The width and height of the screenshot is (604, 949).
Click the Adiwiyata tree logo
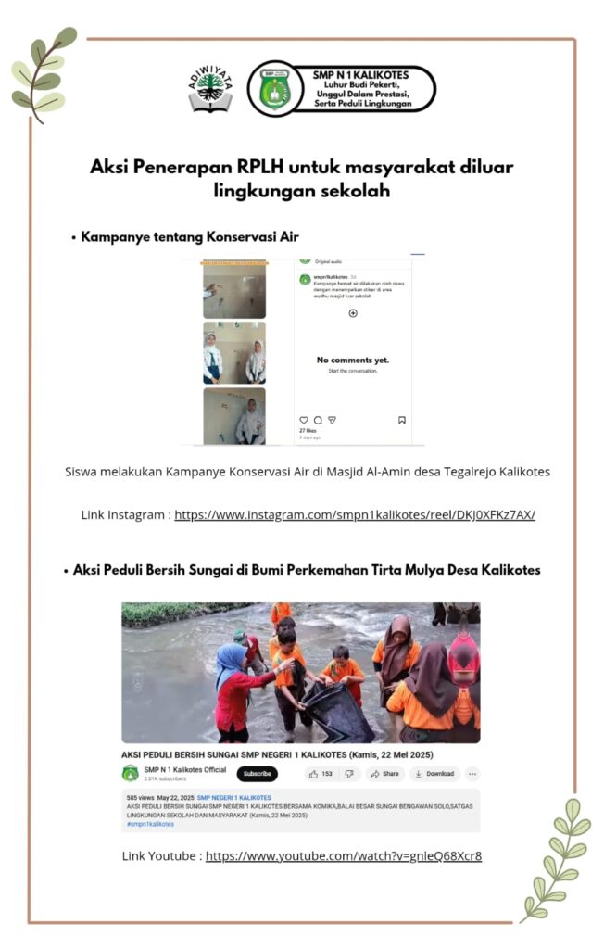point(210,89)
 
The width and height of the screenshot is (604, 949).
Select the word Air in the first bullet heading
point(287,236)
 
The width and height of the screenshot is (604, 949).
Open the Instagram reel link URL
point(354,514)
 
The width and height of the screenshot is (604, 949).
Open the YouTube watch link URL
point(343,855)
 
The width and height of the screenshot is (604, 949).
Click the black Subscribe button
point(257,773)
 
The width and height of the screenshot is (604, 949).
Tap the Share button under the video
point(384,773)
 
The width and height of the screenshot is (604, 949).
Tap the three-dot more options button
point(472,773)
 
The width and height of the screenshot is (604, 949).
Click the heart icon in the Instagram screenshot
point(303,420)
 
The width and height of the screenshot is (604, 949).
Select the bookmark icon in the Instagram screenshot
point(402,420)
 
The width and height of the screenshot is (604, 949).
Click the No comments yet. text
point(352,360)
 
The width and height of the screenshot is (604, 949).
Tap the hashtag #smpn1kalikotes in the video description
point(150,823)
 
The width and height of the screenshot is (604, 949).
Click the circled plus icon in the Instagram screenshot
point(353,313)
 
